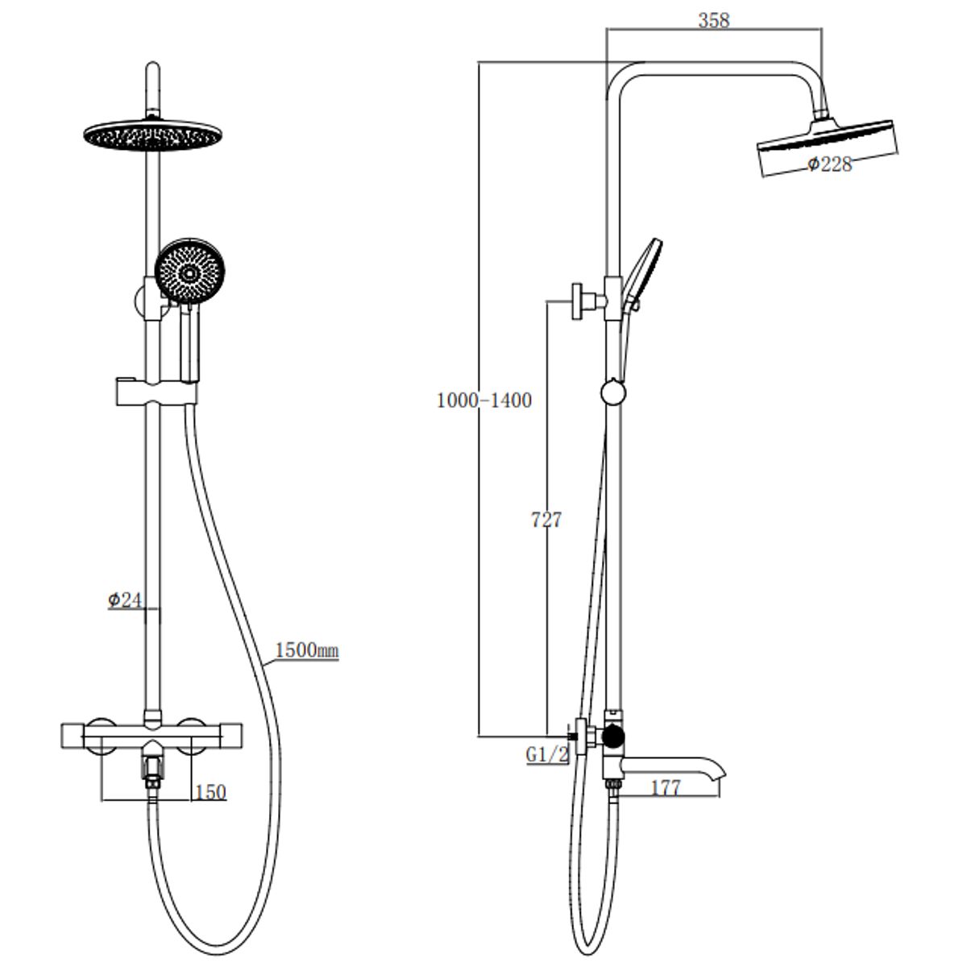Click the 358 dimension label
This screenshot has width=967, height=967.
(x=713, y=21)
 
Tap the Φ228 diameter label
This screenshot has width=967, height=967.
(x=830, y=164)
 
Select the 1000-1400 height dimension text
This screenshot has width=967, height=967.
(x=484, y=400)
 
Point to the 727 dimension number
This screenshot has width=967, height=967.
(x=546, y=520)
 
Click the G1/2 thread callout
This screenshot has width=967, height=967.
(x=547, y=754)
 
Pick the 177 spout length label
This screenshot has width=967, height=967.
(x=666, y=788)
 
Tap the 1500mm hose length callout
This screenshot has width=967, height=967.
(x=307, y=650)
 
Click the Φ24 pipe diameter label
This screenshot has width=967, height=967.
(x=125, y=600)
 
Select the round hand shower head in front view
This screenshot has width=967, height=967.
(x=189, y=272)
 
